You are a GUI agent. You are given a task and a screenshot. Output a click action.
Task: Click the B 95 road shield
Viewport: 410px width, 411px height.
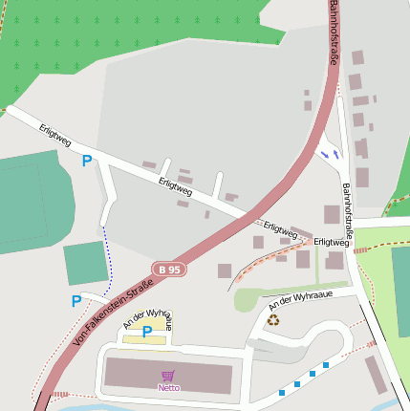(169, 270)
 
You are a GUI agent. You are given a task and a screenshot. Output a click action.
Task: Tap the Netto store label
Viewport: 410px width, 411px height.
(169, 387)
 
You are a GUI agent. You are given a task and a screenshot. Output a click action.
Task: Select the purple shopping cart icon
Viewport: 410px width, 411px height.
(169, 376)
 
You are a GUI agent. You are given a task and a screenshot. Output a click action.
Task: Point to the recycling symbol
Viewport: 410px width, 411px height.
(273, 320)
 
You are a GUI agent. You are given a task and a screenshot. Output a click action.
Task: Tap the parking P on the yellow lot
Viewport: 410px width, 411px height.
(147, 332)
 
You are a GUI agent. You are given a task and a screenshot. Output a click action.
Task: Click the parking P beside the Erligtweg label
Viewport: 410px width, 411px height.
(87, 162)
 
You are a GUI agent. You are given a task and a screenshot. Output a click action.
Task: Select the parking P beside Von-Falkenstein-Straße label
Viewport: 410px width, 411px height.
(76, 301)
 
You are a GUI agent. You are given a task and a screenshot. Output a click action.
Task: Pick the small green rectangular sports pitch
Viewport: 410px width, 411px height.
(87, 263)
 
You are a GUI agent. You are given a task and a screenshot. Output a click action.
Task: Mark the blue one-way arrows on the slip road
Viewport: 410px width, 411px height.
(330, 152)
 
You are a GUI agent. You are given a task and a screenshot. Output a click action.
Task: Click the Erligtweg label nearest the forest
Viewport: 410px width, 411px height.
(55, 136)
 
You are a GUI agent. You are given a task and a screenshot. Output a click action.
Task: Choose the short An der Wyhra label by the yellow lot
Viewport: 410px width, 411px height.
(148, 317)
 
